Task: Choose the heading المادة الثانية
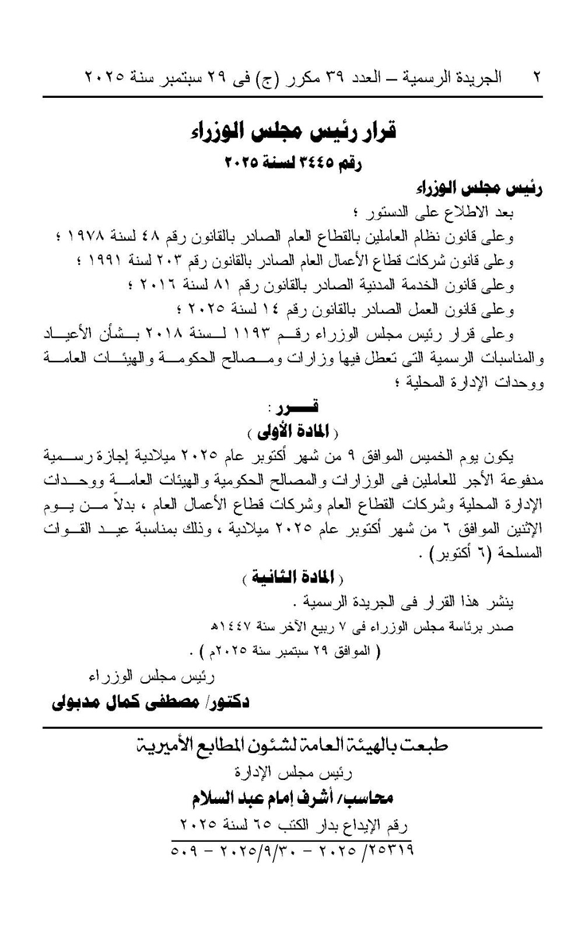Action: click(293, 577)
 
